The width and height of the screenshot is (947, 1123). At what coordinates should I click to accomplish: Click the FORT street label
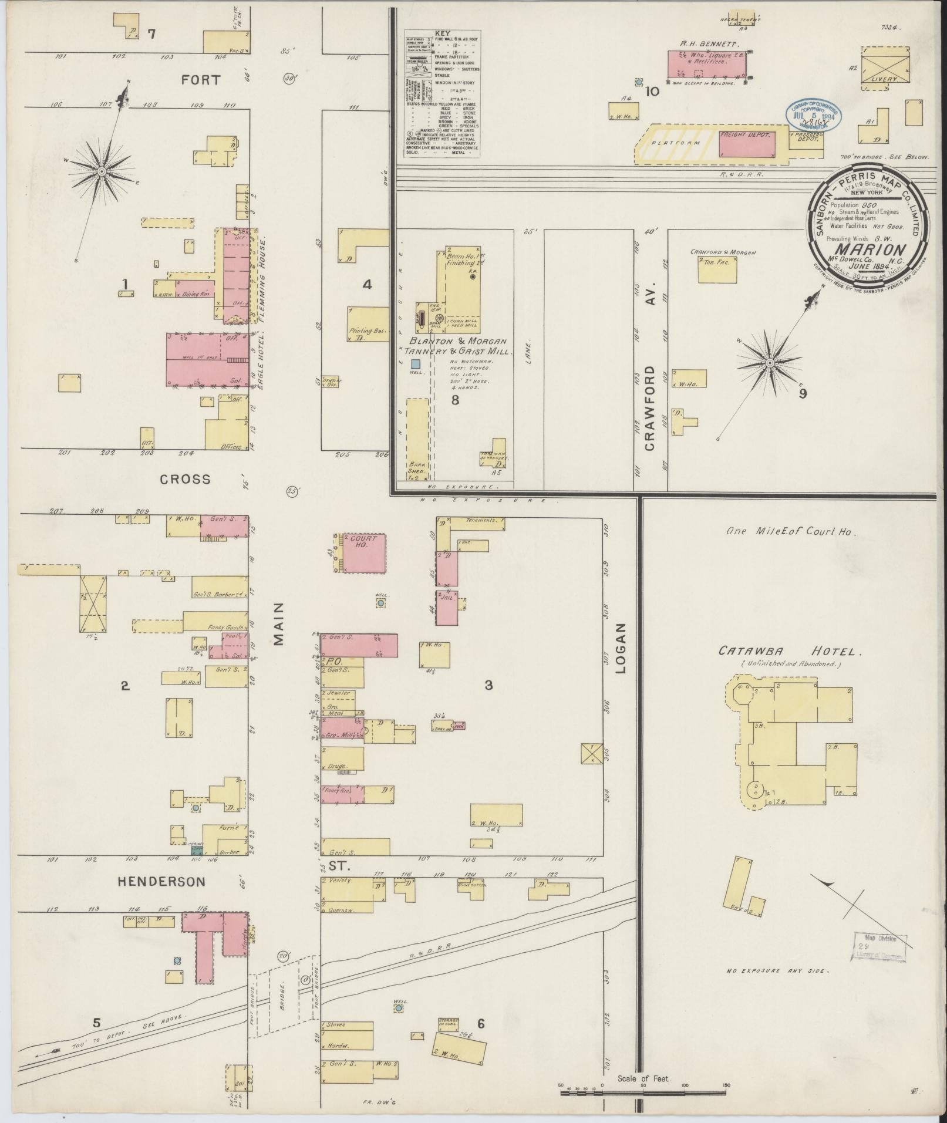coord(200,80)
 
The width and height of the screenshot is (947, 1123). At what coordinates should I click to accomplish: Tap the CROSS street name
coord(186,479)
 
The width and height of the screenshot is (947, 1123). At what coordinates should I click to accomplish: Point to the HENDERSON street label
coord(161,881)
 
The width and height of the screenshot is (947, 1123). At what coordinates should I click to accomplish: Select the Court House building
coord(364,554)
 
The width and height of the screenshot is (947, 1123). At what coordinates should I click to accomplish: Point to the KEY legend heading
coord(442,35)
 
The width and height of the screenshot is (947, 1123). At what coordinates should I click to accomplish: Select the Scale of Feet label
coord(643,1080)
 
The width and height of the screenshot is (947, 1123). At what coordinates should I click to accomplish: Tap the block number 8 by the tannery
coord(454,401)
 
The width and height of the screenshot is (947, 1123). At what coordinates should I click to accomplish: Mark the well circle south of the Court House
coord(381,603)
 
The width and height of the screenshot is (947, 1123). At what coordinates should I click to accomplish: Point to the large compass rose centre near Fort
coord(102,171)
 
